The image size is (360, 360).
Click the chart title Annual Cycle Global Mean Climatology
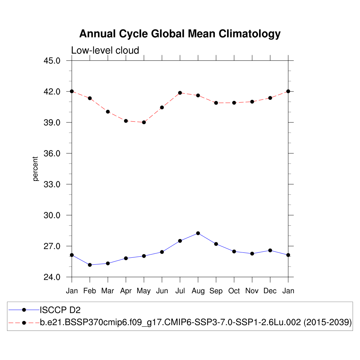coord(180,34)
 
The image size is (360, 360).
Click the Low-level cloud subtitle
coord(105,50)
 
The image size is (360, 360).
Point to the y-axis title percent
coord(35,169)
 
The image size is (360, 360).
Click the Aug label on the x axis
coord(198,291)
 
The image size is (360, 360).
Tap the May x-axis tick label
coord(143,291)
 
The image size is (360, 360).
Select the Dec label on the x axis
coord(270,291)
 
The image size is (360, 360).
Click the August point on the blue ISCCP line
coord(198,233)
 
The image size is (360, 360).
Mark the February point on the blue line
coord(90,265)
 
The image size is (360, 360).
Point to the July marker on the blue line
coord(180,241)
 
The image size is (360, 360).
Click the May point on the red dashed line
coord(144,122)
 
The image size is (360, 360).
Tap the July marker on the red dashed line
coord(180,93)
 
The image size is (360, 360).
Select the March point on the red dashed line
coord(108,112)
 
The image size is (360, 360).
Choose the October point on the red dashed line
coord(234,103)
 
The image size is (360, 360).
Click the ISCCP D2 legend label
coord(60,310)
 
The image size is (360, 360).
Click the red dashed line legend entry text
coord(196,322)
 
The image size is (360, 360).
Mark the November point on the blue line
coord(252,253)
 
